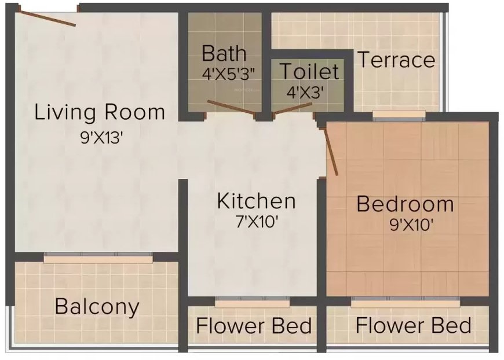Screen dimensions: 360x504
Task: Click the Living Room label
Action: [100, 112]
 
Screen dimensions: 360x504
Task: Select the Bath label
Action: [224, 54]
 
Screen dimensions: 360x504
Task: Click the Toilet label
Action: [309, 71]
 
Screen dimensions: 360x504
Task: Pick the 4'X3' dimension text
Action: [305, 91]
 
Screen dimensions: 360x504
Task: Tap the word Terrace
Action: [396, 60]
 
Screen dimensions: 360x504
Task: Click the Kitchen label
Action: [256, 201]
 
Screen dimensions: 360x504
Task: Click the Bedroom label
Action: [405, 204]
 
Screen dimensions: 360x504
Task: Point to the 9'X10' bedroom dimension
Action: [411, 225]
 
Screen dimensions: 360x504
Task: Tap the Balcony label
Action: [97, 306]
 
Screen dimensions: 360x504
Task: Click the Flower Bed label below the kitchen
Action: [254, 326]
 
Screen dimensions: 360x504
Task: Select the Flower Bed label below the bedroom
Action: [413, 325]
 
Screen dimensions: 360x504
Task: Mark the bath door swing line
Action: [231, 108]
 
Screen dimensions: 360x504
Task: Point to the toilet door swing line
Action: [293, 108]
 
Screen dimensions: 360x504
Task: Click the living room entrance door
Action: [46, 17]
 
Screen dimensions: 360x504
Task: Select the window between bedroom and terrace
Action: [399, 117]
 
